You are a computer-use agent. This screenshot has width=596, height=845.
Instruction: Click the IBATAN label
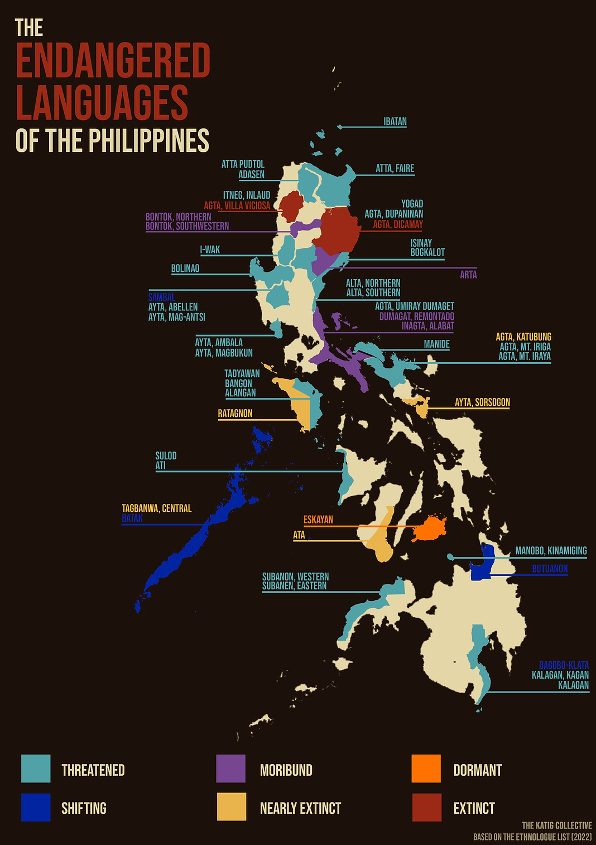tap(395, 122)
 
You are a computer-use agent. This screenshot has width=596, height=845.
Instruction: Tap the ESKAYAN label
tap(318, 520)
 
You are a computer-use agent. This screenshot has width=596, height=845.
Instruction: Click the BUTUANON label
tap(550, 569)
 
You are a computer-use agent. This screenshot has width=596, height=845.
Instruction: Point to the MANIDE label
tap(436, 344)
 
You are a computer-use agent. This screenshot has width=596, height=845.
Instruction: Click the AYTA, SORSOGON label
tap(482, 402)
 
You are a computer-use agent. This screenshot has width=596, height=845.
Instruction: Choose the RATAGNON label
tap(235, 414)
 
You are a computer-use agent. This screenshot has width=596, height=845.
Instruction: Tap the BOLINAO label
tap(185, 268)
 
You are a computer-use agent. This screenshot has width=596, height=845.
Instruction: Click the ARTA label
tap(468, 275)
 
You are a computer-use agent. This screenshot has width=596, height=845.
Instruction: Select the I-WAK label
tap(210, 250)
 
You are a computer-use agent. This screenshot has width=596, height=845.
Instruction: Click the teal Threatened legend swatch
tap(36, 769)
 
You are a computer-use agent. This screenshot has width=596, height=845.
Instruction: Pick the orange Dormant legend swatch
tap(426, 769)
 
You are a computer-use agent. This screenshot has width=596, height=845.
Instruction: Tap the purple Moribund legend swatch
tap(231, 769)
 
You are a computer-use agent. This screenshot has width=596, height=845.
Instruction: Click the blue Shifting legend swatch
tap(36, 807)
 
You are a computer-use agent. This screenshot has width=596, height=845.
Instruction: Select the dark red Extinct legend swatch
tap(426, 807)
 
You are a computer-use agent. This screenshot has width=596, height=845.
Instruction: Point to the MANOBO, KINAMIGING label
tap(551, 551)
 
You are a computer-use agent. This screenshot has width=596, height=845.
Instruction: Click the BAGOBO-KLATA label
tap(564, 665)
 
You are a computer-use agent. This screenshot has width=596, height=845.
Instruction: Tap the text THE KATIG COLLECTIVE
tap(556, 825)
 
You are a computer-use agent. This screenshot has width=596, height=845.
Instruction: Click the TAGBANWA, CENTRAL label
tap(157, 508)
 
